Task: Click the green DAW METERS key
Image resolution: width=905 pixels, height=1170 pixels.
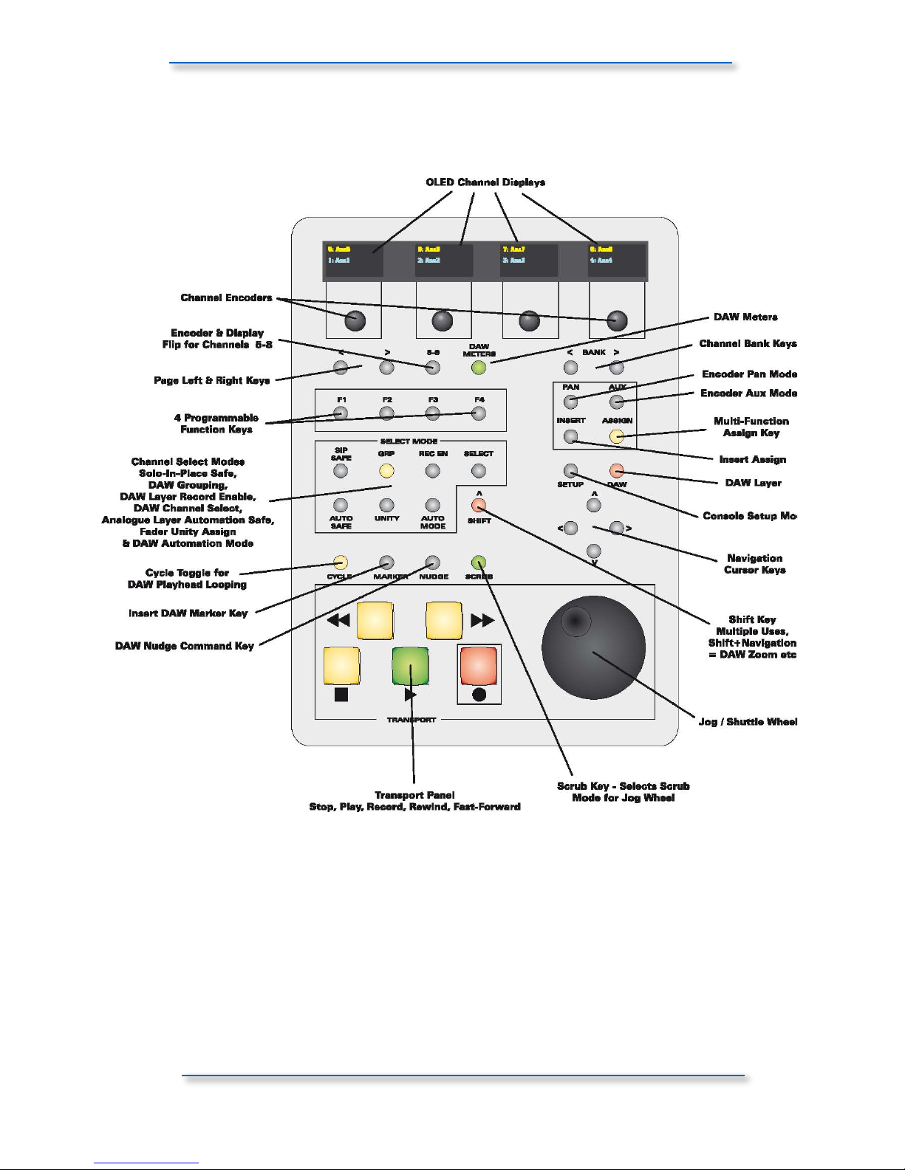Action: point(479,368)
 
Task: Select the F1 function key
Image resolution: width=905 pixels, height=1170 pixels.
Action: point(341,413)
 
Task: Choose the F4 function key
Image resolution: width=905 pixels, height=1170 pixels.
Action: point(479,413)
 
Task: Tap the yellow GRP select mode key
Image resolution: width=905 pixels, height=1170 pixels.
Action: point(386,471)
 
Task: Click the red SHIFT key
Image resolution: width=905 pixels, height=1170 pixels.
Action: point(479,506)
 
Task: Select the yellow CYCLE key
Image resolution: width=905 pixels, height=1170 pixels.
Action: point(341,563)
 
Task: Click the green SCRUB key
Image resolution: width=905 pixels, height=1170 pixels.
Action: point(479,563)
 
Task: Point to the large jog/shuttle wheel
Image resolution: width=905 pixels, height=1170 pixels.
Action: point(593,647)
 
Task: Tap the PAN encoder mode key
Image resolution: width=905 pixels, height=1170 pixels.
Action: point(570,402)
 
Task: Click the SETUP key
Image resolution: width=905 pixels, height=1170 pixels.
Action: point(570,471)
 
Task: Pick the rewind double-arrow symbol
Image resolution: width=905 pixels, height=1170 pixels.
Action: point(338,620)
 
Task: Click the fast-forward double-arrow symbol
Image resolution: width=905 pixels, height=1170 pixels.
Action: point(482,620)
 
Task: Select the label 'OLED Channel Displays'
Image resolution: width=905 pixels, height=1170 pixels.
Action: point(485,182)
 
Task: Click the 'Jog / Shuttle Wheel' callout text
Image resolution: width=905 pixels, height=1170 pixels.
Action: point(748,721)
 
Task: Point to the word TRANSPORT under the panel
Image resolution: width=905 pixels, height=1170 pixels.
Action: point(411,720)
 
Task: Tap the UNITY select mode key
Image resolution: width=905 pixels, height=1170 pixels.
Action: point(386,506)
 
